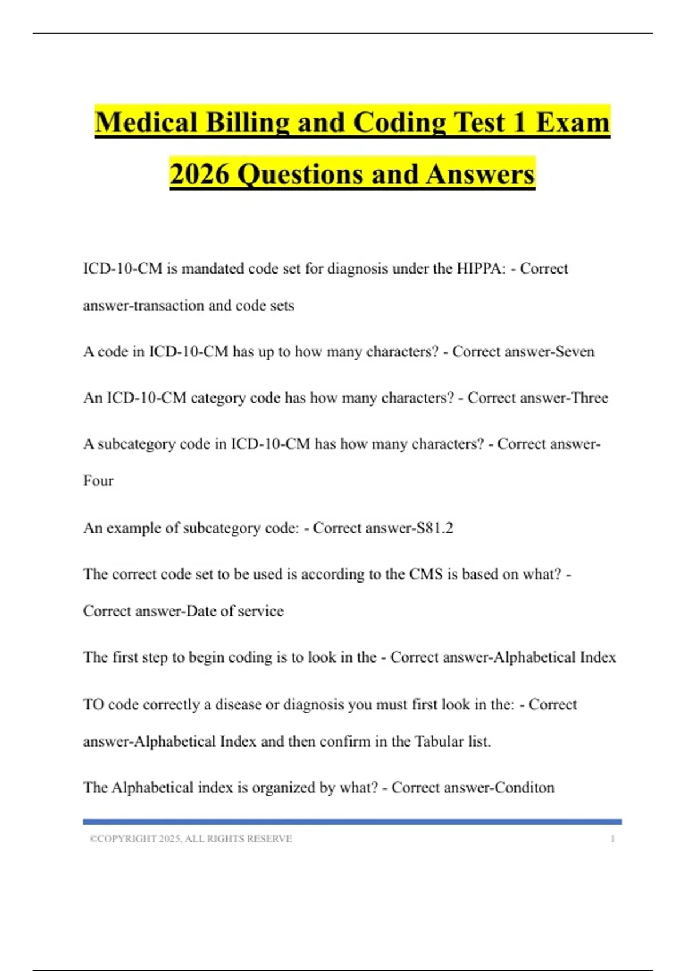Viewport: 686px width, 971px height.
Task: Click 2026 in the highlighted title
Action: [x=200, y=174]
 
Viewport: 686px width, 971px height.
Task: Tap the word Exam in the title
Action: [x=573, y=123]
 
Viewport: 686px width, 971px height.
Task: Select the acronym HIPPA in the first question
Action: [x=481, y=268]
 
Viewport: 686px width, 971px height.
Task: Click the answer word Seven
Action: [x=575, y=351]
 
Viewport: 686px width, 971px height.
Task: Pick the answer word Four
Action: [x=98, y=481]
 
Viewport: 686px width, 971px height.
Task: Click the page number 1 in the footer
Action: [x=613, y=838]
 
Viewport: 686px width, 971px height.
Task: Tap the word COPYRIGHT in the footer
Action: [x=127, y=838]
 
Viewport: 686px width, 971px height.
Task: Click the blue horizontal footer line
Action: [x=352, y=822]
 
